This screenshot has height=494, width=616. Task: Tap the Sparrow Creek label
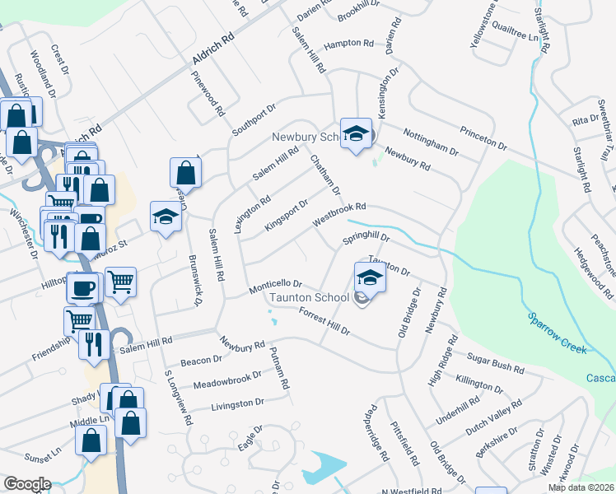click(556, 332)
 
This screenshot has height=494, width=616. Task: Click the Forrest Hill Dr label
click(324, 322)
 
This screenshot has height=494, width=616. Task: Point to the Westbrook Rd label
click(338, 216)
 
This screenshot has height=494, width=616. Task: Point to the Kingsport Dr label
click(286, 214)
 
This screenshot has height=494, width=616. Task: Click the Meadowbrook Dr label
click(226, 380)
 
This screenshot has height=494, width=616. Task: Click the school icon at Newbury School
click(356, 133)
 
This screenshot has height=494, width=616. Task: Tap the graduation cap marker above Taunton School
click(370, 278)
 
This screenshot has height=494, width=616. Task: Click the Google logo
click(26, 484)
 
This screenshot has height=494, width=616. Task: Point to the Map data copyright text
click(581, 487)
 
